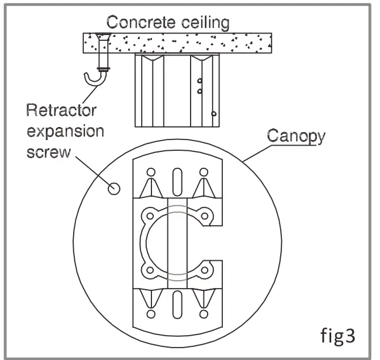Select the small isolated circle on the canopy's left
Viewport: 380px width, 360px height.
tap(113, 189)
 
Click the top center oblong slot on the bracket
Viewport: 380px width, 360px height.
tap(177, 180)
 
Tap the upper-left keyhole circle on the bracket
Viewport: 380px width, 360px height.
tap(151, 172)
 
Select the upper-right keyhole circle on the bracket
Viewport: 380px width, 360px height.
tap(202, 172)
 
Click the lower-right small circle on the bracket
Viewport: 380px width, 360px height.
tap(202, 313)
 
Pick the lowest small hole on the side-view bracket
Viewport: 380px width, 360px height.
tap(213, 114)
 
